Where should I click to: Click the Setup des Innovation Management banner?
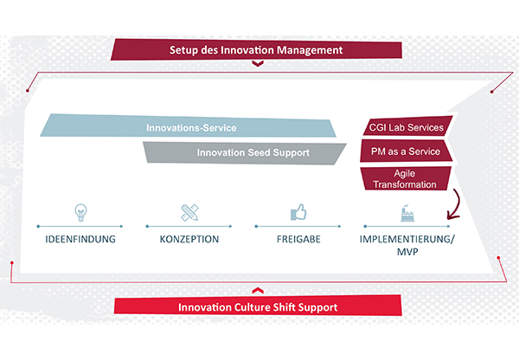pyautogui.click(x=257, y=49)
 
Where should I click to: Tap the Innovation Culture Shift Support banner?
pyautogui.click(x=258, y=305)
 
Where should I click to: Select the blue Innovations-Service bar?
pyautogui.click(x=189, y=126)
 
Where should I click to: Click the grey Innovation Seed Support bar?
pyautogui.click(x=245, y=152)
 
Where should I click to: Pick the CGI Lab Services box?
pyautogui.click(x=407, y=126)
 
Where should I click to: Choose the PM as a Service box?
pyautogui.click(x=407, y=151)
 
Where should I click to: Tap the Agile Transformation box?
pyautogui.click(x=406, y=178)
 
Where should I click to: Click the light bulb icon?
pyautogui.click(x=80, y=212)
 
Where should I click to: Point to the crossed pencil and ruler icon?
pyautogui.click(x=189, y=212)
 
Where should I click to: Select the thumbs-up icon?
pyautogui.click(x=298, y=212)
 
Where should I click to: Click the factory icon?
pyautogui.click(x=407, y=213)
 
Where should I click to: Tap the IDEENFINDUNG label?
pyautogui.click(x=80, y=239)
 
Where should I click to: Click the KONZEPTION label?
pyautogui.click(x=189, y=239)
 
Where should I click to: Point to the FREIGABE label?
pyautogui.click(x=298, y=239)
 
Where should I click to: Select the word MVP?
pyautogui.click(x=407, y=252)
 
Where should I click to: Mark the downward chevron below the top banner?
pyautogui.click(x=258, y=63)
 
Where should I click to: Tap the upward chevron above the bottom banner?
pyautogui.click(x=258, y=291)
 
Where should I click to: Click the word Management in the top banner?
pyautogui.click(x=310, y=50)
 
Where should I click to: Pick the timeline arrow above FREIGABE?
pyautogui.click(x=298, y=226)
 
